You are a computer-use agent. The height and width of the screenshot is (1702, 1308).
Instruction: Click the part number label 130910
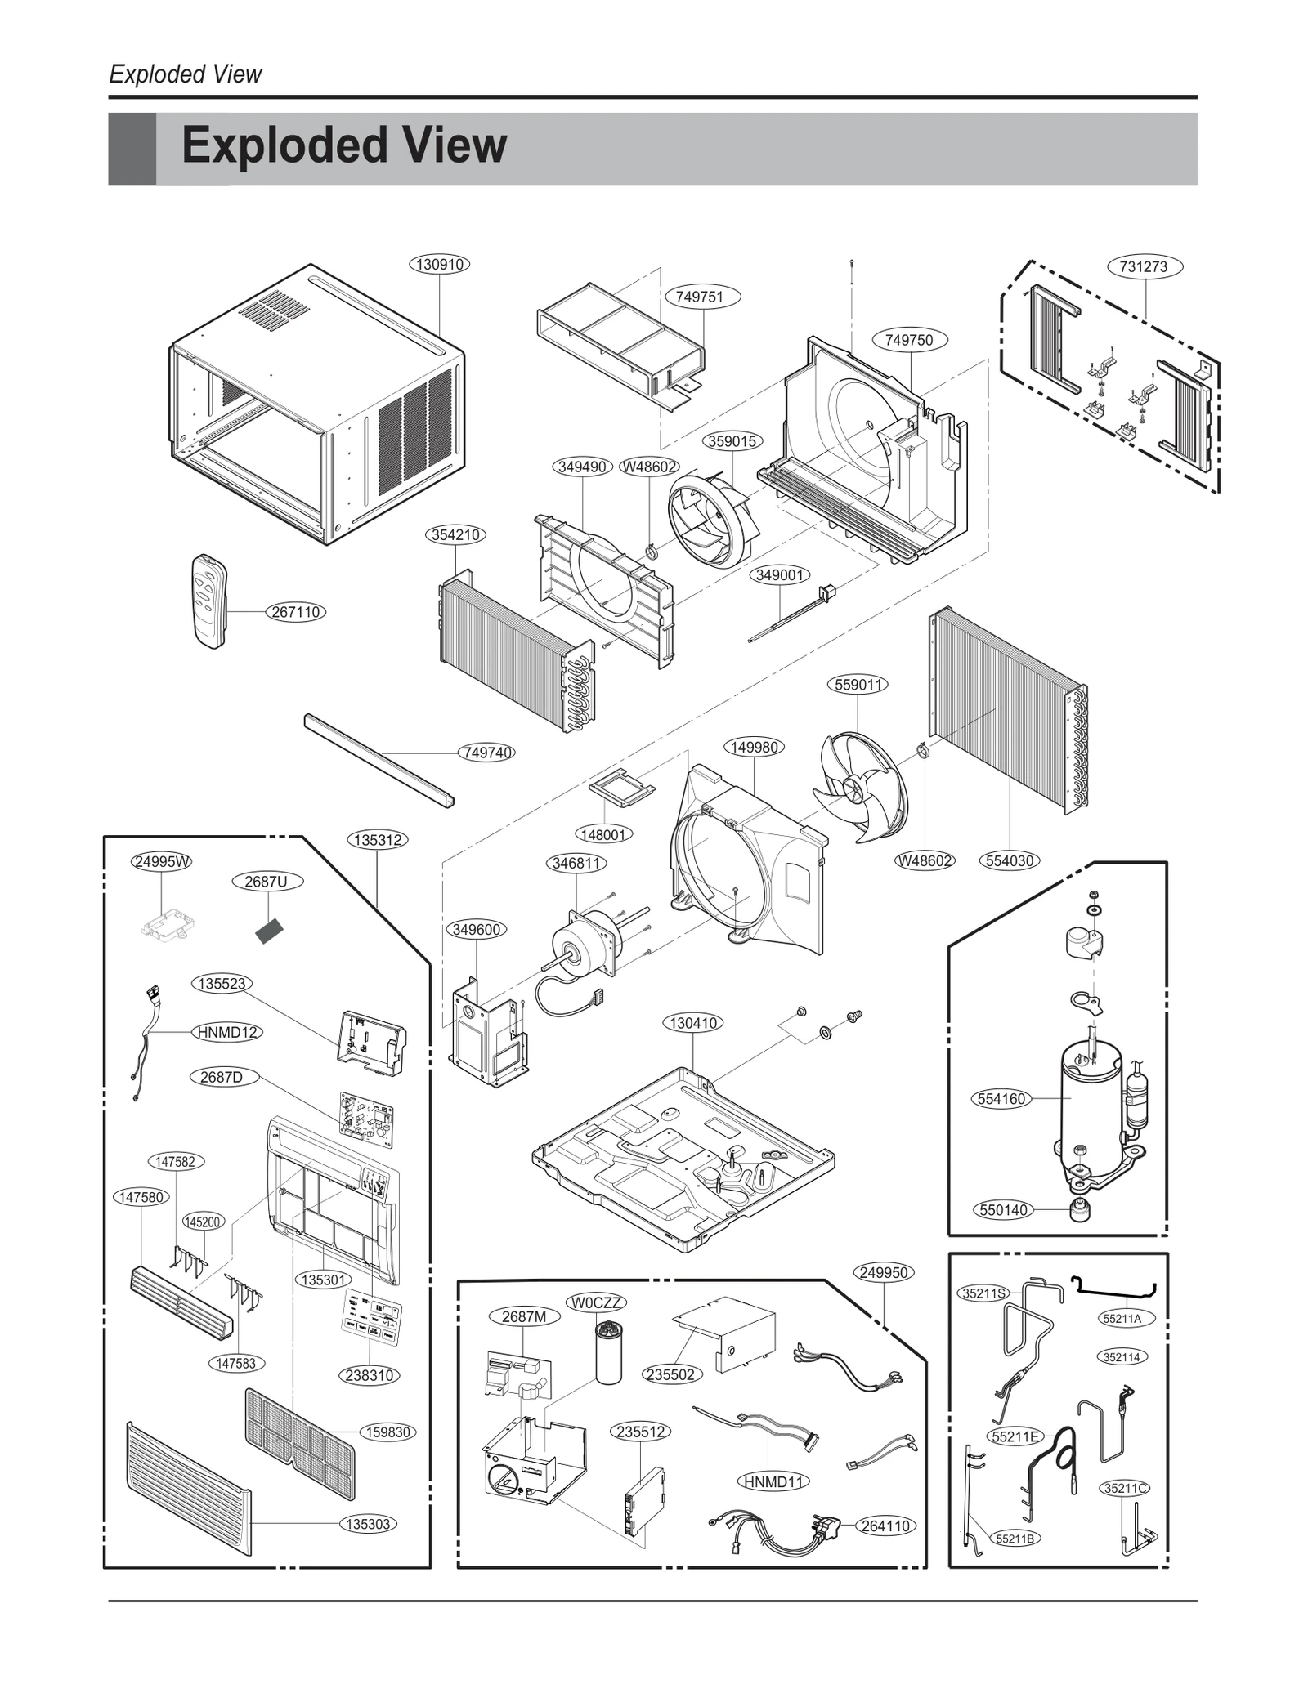439,265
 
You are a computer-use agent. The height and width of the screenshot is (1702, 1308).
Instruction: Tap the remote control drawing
208,601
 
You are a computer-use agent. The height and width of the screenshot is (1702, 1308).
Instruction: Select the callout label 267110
295,612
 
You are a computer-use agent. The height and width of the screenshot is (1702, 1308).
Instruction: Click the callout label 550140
1003,1210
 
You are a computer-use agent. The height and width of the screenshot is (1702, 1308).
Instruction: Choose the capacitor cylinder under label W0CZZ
608,1353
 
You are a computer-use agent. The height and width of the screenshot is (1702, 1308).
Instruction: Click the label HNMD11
773,1481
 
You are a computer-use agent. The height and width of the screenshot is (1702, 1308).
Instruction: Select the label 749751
700,297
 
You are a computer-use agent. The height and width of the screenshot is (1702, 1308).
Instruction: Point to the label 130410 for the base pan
693,1023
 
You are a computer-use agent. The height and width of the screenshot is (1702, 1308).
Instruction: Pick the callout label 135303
368,1524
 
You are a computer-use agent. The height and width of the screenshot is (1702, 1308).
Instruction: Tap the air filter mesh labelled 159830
299,1441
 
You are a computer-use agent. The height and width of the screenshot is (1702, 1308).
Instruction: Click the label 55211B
1015,1539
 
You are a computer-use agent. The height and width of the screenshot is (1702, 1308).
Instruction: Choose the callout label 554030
1010,860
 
